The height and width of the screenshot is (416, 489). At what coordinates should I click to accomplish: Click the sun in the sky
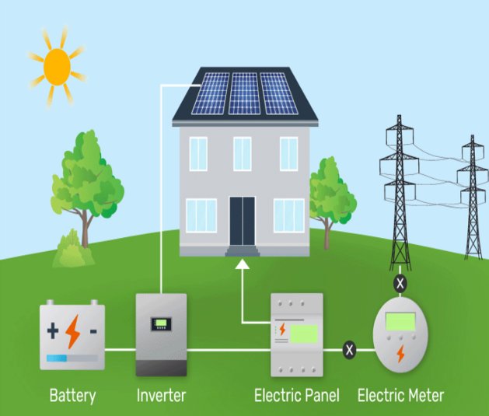point(57,67)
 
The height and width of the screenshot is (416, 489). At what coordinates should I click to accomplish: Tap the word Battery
point(72,396)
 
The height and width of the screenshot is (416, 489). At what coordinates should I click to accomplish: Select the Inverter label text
point(161,395)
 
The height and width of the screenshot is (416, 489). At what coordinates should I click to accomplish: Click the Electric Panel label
point(296,395)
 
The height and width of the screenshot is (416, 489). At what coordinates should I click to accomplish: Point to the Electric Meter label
point(400,395)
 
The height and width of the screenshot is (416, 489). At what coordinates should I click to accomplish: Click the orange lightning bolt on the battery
point(72,332)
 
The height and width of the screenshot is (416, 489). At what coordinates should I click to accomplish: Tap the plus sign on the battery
point(53,331)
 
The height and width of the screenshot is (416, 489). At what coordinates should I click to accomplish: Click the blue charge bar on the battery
point(57,358)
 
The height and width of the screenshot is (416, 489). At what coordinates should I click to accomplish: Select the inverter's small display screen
point(161,324)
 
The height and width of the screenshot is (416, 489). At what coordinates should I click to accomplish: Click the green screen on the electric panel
point(304,334)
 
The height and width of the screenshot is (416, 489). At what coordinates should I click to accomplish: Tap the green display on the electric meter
point(400,321)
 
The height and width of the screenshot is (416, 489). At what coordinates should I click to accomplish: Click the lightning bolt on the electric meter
point(400,354)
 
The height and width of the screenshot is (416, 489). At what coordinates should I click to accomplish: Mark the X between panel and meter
point(349,350)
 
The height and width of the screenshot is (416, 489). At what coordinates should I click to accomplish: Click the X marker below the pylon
point(400,284)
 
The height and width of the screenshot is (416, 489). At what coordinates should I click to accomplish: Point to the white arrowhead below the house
point(243,264)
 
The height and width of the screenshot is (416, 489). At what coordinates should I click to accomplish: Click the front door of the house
point(243,221)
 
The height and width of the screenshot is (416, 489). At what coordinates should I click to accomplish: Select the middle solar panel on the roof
point(244,93)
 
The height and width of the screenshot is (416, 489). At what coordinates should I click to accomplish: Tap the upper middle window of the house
point(243,154)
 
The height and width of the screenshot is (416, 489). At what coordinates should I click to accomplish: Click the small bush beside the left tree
point(74,250)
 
